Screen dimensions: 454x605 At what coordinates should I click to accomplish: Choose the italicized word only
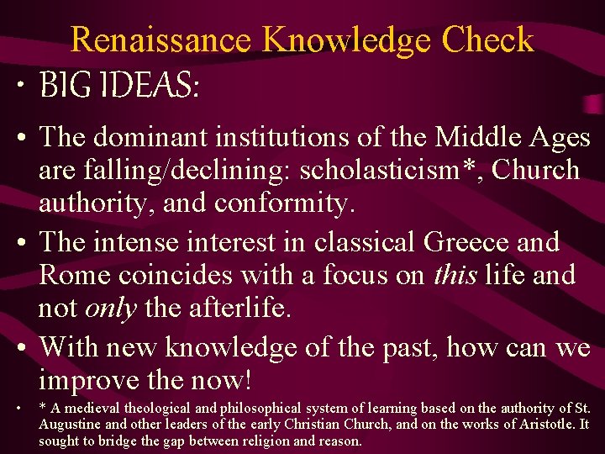[110, 308]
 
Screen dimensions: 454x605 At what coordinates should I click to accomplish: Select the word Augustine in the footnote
[71, 425]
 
